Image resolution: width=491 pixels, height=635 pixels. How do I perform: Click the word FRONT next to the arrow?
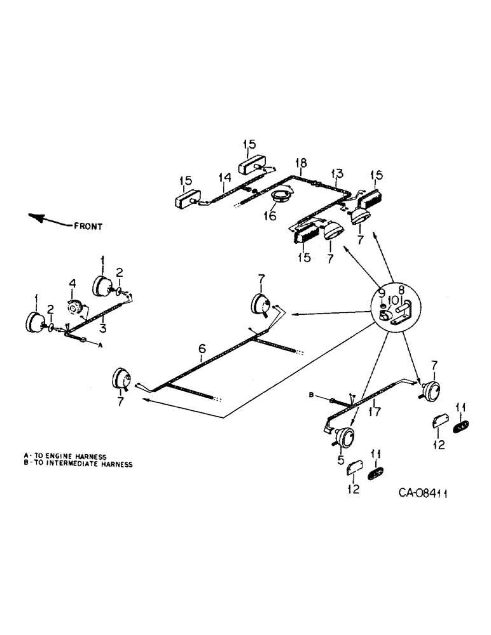[x=88, y=225]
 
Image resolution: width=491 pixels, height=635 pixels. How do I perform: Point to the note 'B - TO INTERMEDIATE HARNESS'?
[x=78, y=464]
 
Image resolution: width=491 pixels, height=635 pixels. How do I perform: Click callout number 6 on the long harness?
[x=202, y=349]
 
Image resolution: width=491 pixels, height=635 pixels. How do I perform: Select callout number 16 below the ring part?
[x=272, y=216]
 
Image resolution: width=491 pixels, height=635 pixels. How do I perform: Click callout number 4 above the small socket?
[x=73, y=283]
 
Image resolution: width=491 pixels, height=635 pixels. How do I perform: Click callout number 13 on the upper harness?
[x=337, y=173]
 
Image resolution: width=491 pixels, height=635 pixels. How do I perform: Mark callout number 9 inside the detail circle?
[x=382, y=293]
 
